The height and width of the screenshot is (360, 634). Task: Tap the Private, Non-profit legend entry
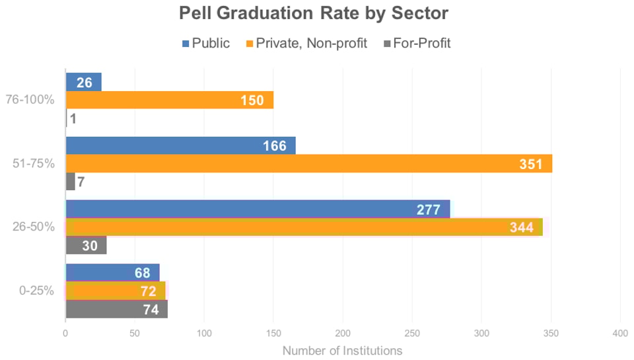tap(306, 44)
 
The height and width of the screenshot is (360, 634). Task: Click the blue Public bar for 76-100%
tap(84, 82)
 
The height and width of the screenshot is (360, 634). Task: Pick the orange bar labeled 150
tap(170, 100)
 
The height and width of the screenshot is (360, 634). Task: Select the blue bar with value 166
tap(180, 145)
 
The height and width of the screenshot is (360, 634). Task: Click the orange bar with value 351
tap(308, 164)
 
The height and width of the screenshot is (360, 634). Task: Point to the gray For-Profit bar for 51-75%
tap(71, 182)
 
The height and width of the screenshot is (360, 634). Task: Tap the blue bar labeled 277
tap(258, 209)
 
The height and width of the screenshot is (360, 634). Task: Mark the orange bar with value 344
tap(304, 227)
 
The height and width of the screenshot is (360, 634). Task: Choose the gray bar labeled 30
tap(86, 245)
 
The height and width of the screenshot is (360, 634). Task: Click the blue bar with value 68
tap(112, 272)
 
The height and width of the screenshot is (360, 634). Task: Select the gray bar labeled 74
tap(116, 309)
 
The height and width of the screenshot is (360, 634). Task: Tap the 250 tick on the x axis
tap(412, 333)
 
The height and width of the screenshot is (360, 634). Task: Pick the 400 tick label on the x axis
tap(620, 333)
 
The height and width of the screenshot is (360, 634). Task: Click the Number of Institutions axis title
tap(342, 350)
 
